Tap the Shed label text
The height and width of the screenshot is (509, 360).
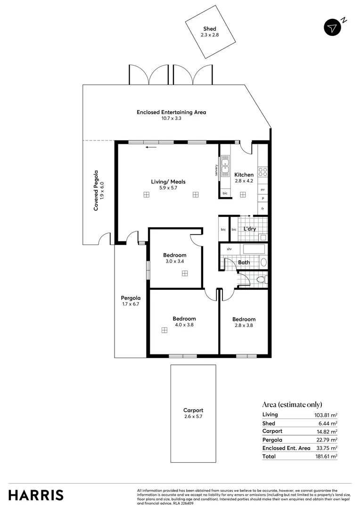[210, 29]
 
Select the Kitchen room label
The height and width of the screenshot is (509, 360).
[244, 175]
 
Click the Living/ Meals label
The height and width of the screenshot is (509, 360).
[168, 181]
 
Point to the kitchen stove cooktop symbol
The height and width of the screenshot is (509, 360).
[262, 172]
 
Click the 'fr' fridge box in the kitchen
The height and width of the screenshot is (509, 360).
[262, 208]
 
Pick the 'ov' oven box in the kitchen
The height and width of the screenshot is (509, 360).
[262, 189]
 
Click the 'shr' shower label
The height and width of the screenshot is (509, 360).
[229, 249]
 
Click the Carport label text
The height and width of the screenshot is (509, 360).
[193, 410]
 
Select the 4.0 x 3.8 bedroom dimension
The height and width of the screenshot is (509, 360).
[184, 325]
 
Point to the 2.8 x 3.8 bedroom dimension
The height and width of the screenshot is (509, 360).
[244, 325]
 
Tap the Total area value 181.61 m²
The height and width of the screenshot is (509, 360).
[327, 456]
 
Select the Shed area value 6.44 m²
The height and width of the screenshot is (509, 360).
[328, 424]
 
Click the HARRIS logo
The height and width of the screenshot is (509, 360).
[36, 495]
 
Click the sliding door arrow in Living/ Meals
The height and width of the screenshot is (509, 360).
[151, 148]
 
